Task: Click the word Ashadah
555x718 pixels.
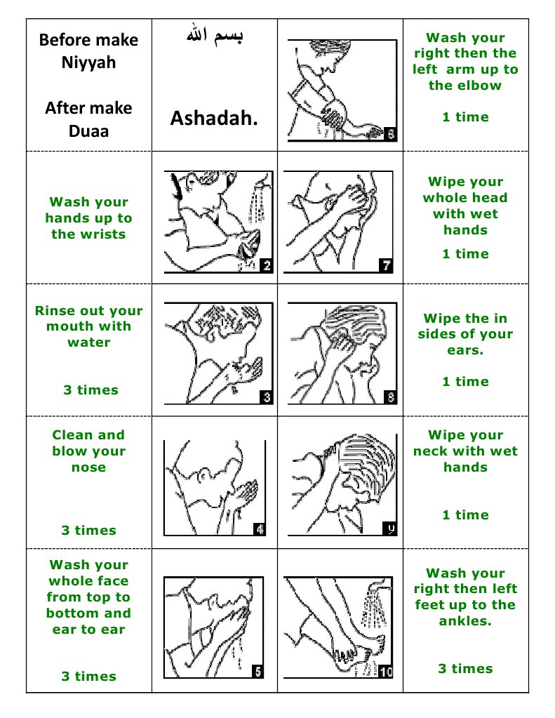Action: (214, 119)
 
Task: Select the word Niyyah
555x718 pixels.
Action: (89, 63)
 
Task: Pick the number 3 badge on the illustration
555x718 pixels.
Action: (266, 397)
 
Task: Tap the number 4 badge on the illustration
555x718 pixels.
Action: (259, 530)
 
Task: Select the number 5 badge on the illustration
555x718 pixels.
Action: (257, 672)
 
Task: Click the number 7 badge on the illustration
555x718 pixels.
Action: (387, 265)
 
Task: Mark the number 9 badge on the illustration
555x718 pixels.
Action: (390, 530)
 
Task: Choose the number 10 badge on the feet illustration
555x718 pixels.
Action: (385, 672)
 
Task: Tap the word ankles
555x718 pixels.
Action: (466, 621)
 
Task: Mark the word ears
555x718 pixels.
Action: (465, 350)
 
